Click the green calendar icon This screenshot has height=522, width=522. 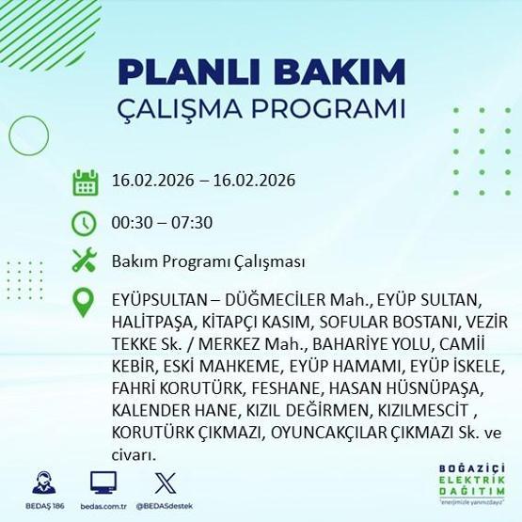pos(85,182)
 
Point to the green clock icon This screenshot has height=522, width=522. pos(85,223)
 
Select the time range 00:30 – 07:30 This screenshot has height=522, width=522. pos(162,223)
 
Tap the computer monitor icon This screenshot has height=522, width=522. pos(103,483)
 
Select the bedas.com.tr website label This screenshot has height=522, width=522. pos(103,507)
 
